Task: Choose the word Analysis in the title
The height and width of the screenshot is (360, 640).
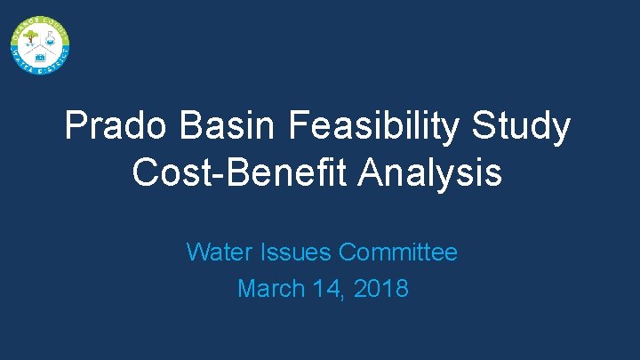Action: click(430, 172)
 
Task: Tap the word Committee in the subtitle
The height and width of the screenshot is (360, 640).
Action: click(398, 252)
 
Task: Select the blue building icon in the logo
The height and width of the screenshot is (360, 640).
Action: click(39, 56)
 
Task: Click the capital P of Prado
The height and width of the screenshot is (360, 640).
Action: click(76, 127)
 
